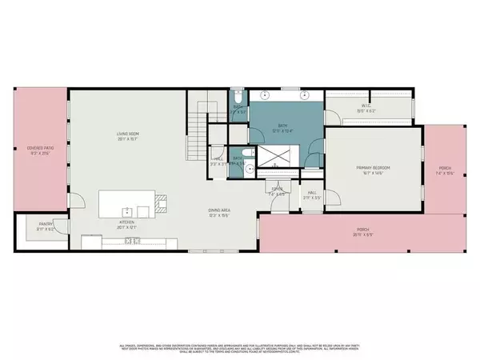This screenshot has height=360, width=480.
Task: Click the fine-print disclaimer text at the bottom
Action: click(x=240, y=346)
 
